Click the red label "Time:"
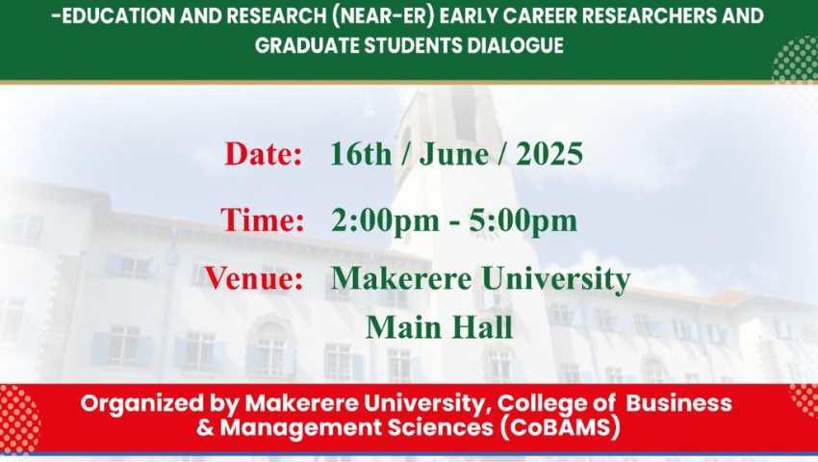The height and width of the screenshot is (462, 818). pyautogui.click(x=263, y=219)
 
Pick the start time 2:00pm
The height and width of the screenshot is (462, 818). pyautogui.click(x=385, y=220)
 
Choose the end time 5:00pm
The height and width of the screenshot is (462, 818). pyautogui.click(x=523, y=220)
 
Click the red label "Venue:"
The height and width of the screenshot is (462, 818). pyautogui.click(x=254, y=278)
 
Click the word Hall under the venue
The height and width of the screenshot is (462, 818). pyautogui.click(x=482, y=327)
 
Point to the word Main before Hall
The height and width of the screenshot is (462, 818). pyautogui.click(x=404, y=327)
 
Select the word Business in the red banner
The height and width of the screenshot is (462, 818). pyautogui.click(x=678, y=402)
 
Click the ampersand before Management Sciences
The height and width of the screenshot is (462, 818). pyautogui.click(x=206, y=427)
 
